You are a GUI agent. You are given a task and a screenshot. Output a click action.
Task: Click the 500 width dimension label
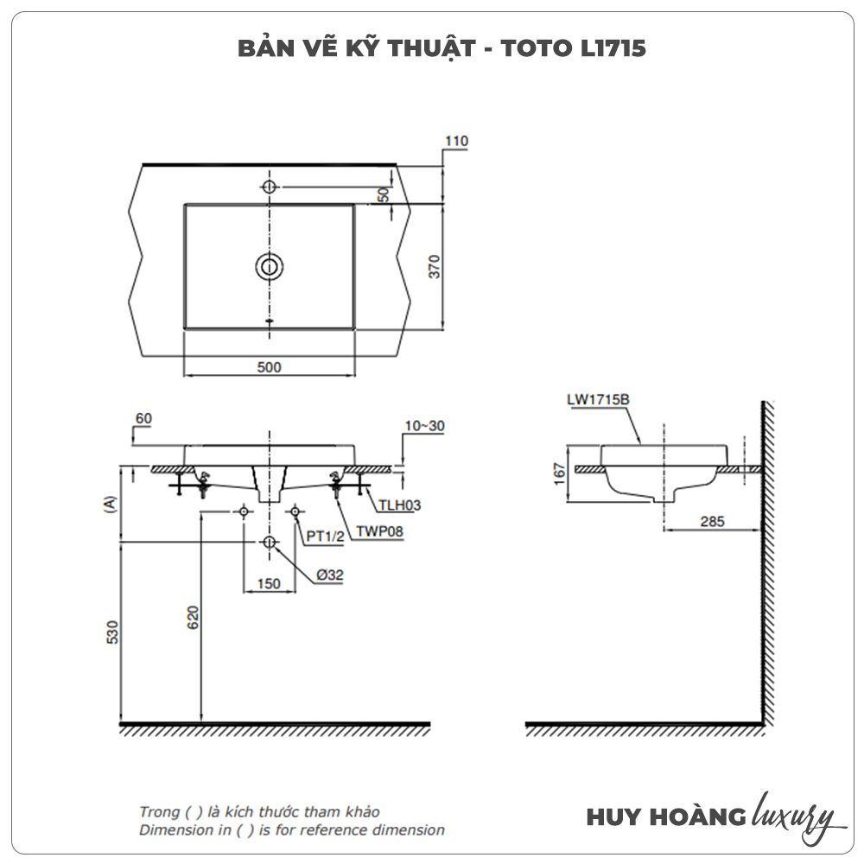coord(269,367)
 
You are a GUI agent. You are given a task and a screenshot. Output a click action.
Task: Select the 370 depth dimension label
coord(435,267)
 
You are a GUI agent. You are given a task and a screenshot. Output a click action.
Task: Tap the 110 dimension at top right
coord(456,141)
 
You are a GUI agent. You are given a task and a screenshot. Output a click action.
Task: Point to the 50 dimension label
coord(384,194)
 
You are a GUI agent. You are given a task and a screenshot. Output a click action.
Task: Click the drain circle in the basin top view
coord(270,267)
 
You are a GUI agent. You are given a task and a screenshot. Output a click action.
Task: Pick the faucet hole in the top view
coord(269,187)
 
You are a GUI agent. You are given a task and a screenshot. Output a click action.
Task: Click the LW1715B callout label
coord(598,399)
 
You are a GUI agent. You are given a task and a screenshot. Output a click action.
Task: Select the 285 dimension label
coord(712,521)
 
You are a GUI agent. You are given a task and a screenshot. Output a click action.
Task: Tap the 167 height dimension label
coord(559,473)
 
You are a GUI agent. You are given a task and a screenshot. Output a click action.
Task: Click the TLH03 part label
coord(399,505)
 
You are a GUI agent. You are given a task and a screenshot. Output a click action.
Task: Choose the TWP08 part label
coord(379,531)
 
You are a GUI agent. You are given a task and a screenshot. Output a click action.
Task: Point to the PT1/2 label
coord(325,537)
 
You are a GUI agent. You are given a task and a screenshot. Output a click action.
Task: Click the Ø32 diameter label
coord(329,575)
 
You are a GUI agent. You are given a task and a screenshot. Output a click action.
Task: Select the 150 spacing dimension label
coord(269,583)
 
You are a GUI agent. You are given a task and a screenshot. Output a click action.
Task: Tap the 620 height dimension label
coord(193,618)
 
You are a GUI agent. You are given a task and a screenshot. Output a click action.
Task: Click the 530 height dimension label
coord(112,632)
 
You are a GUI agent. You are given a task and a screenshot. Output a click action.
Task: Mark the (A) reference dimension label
coord(111,505)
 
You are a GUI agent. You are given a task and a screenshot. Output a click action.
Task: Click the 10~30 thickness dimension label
coord(424,426)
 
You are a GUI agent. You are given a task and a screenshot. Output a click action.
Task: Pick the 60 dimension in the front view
coord(143,419)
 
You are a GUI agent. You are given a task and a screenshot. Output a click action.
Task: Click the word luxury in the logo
coord(793,816)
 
